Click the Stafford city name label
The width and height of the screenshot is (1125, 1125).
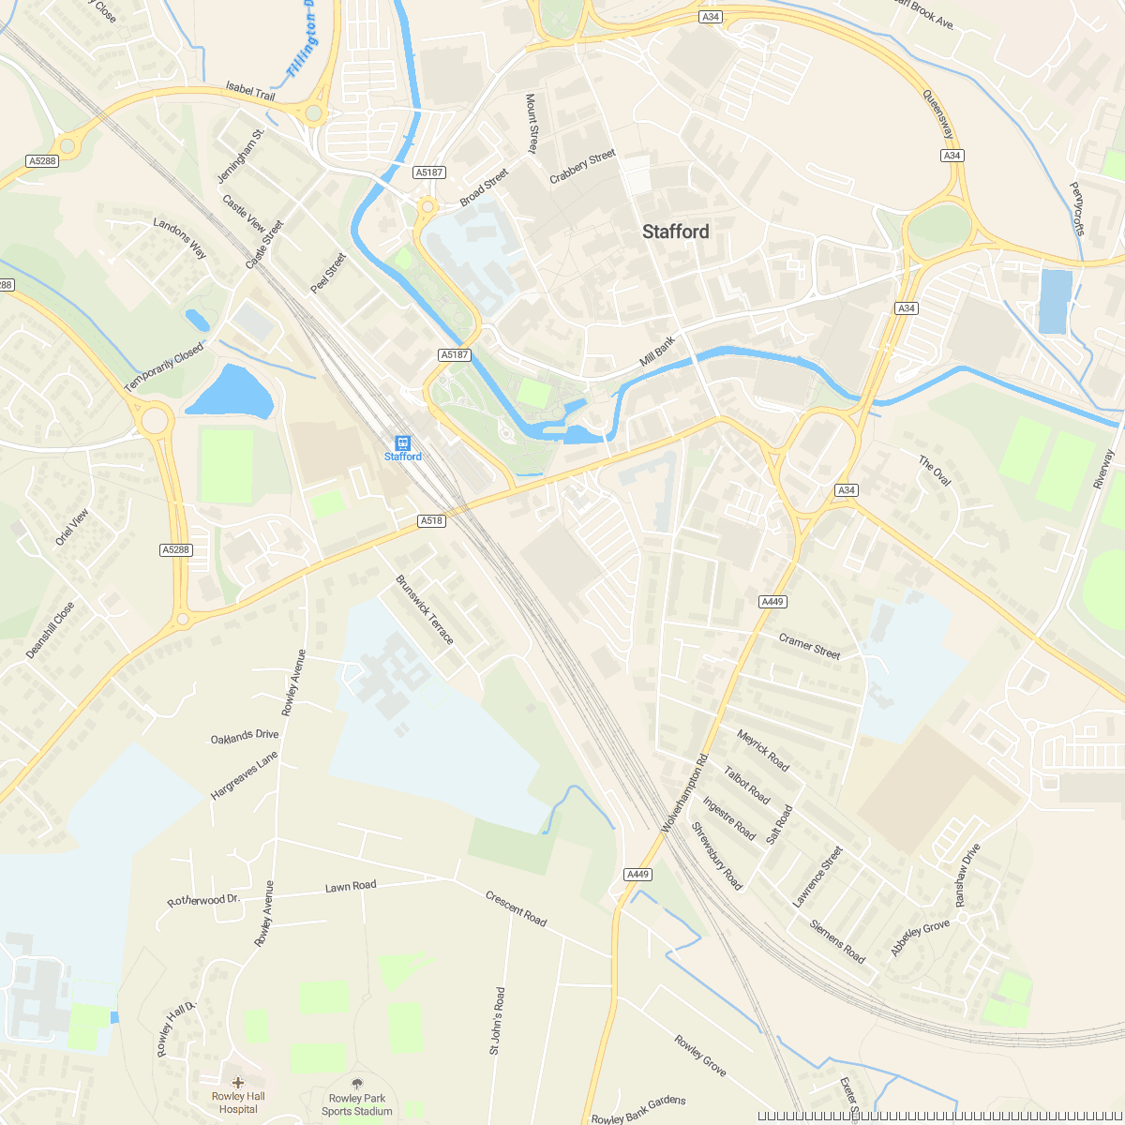pos(675,232)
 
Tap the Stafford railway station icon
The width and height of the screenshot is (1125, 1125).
pos(402,442)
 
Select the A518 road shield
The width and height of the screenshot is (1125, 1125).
pos(431,520)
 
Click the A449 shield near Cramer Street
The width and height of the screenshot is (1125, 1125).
pos(773,602)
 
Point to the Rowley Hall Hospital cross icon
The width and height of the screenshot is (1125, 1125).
pos(238,1083)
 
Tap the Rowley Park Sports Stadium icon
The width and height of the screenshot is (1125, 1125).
pos(356,1084)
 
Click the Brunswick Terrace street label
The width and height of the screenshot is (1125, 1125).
pos(425,610)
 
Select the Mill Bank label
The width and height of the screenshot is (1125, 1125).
pos(657,352)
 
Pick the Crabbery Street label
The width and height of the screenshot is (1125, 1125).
pos(582,166)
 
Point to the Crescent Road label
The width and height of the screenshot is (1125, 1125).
pos(516,908)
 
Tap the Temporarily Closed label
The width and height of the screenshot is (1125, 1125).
pos(164,368)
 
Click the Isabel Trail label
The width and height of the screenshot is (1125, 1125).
pos(250,91)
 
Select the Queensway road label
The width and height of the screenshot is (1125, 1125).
pos(937,113)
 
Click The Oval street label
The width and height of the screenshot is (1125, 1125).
pos(935,471)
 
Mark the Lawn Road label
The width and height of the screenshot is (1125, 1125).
pos(351,886)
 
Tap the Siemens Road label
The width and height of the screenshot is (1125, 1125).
pos(838,940)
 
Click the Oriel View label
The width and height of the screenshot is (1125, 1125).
pos(71,528)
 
